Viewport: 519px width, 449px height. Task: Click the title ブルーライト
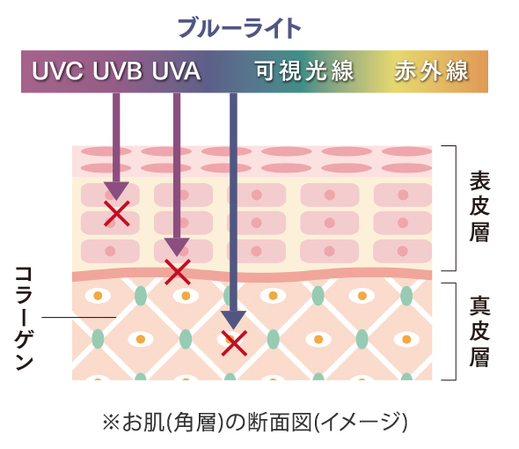click(239, 28)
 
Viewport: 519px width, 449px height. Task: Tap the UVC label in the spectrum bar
click(57, 71)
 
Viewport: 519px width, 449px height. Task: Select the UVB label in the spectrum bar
click(117, 71)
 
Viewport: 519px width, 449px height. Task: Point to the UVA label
click(177, 71)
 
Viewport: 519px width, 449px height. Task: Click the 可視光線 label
click(304, 71)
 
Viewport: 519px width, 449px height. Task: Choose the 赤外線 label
click(431, 71)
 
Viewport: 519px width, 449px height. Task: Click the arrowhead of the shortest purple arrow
click(116, 191)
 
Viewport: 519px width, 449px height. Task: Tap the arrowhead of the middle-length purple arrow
click(177, 247)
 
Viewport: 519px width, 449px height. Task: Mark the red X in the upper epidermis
click(116, 214)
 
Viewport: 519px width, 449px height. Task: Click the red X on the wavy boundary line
click(178, 272)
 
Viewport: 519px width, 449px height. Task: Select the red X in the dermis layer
click(234, 343)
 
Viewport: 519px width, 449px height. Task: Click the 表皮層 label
click(479, 206)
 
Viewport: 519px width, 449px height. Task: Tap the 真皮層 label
click(479, 331)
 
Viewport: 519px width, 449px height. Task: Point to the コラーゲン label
click(24, 318)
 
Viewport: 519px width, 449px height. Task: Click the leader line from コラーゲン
click(79, 317)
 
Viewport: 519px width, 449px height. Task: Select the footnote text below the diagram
click(255, 423)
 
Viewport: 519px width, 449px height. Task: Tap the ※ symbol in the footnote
click(111, 423)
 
